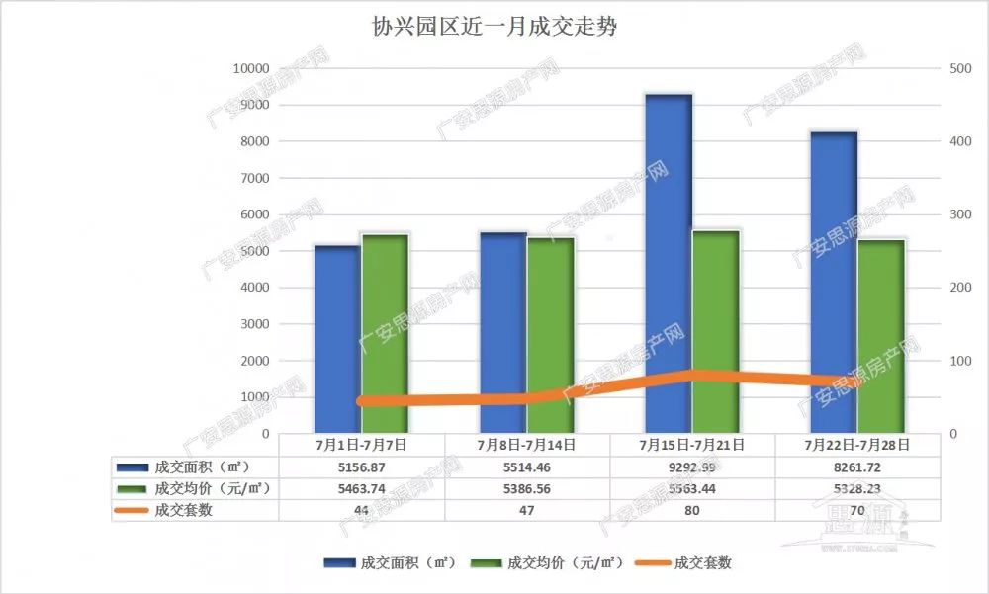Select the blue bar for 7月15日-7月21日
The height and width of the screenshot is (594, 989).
[669, 262]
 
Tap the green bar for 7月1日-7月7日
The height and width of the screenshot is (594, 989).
[385, 333]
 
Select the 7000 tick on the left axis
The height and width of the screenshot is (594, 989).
[254, 178]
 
